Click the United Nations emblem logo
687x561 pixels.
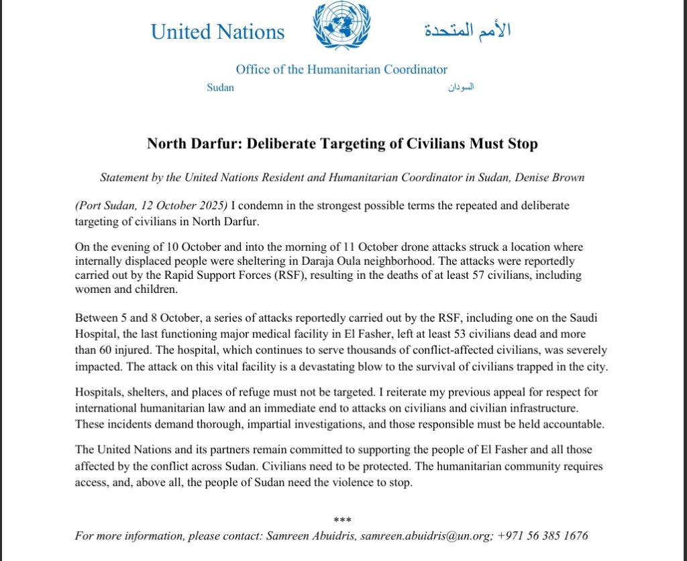pos(345,27)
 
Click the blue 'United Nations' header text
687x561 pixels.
pos(218,32)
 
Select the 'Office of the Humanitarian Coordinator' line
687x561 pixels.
pos(341,69)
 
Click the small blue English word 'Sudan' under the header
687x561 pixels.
pos(221,88)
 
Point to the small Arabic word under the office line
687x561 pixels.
pos(461,88)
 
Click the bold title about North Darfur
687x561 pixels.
pos(342,143)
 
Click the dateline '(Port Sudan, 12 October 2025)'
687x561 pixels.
pos(151,205)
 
